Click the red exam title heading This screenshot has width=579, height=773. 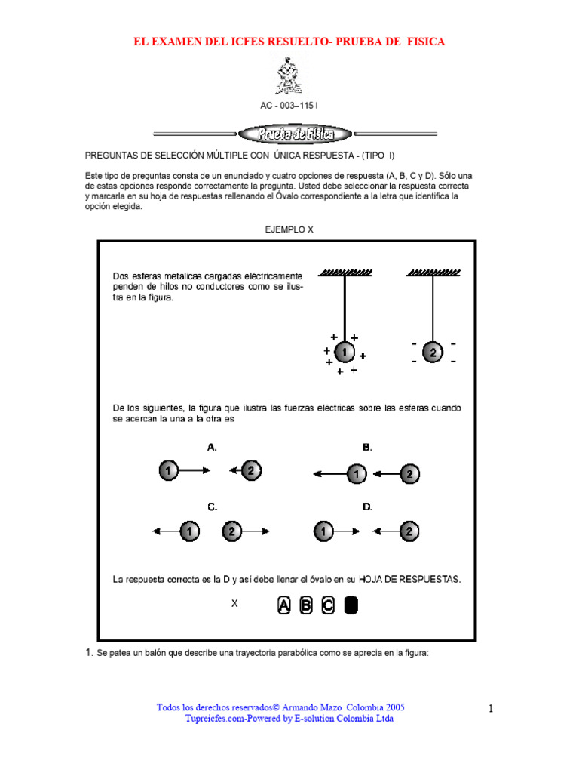tap(289, 42)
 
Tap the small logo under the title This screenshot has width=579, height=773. tap(289, 75)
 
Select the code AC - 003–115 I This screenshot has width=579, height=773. tap(289, 106)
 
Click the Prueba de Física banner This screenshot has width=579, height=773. tap(295, 134)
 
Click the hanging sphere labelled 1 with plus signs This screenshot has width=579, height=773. tap(344, 353)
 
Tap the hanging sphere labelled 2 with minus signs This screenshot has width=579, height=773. tap(433, 353)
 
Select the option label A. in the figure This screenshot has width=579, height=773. tap(213, 447)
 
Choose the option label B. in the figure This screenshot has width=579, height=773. tap(367, 447)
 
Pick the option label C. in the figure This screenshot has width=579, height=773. tap(213, 507)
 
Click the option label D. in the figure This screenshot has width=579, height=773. tap(367, 507)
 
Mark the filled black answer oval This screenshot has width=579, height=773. tap(351, 605)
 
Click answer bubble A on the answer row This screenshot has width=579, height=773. tap(283, 605)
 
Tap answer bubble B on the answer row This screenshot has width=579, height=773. tap(306, 605)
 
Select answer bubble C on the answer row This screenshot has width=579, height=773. tap(328, 605)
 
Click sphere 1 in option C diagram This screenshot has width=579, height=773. tap(191, 532)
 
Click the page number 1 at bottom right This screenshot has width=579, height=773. tap(490, 708)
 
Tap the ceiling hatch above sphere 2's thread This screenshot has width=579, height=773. tap(433, 273)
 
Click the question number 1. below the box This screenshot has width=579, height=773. tap(89, 652)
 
